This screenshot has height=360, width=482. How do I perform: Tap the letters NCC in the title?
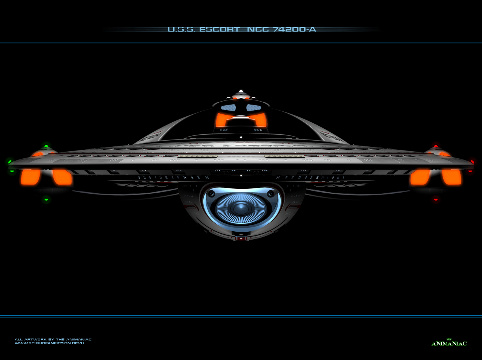(x=258, y=29)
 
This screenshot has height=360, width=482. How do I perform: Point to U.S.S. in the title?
(x=181, y=29)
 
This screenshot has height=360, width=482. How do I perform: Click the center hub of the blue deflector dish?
(x=241, y=208)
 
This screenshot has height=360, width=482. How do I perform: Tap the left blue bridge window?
(x=228, y=108)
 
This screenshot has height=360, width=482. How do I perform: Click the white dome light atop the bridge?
(x=241, y=92)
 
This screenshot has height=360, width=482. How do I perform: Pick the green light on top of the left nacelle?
(x=46, y=146)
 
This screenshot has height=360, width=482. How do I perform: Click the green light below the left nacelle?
(x=46, y=199)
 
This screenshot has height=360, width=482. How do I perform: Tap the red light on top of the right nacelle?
(x=436, y=146)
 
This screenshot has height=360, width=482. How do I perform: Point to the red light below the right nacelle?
(x=436, y=199)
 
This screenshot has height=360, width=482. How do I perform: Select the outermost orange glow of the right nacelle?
(x=451, y=176)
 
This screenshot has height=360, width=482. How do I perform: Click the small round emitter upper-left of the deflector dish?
(x=212, y=193)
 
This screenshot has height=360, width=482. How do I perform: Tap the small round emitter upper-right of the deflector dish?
(x=270, y=193)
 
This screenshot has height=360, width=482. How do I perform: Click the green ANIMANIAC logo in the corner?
(x=449, y=343)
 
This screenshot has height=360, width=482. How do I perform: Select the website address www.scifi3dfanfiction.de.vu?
(x=49, y=343)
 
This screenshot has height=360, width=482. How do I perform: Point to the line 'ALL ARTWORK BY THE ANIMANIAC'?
(x=53, y=339)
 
